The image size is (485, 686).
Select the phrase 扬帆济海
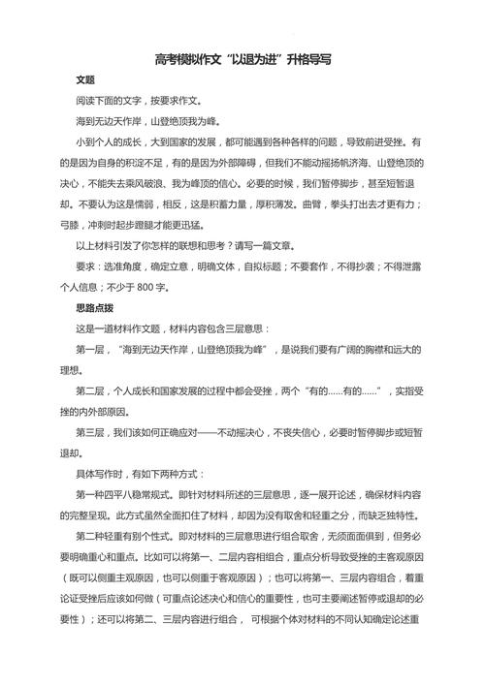click(342, 162)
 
